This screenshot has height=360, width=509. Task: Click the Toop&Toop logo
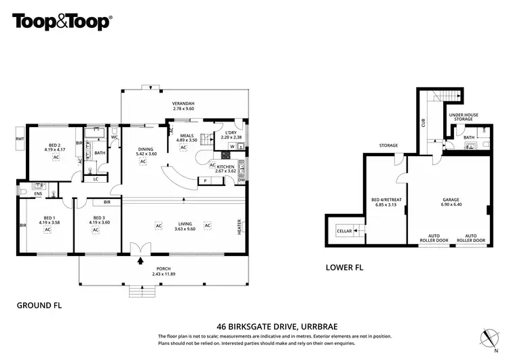62,21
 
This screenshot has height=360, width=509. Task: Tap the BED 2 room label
54,145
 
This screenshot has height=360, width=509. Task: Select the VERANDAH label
183,103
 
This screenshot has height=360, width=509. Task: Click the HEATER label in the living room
239,227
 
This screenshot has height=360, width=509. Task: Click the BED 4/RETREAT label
387,200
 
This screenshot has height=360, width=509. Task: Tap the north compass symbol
486,337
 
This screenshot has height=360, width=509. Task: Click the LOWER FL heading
345,268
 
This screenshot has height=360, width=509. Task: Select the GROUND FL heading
39,306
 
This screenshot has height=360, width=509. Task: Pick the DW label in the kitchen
241,180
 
